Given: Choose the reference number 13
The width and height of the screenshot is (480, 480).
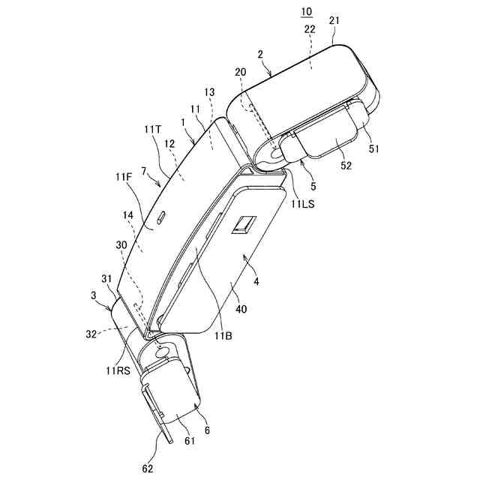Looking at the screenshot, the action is [x=209, y=92].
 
